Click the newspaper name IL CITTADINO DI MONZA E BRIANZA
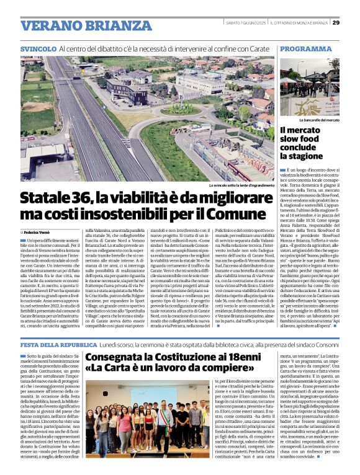pos(302,23)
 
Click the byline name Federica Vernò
pos(40,232)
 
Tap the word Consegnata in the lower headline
pos(117,358)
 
